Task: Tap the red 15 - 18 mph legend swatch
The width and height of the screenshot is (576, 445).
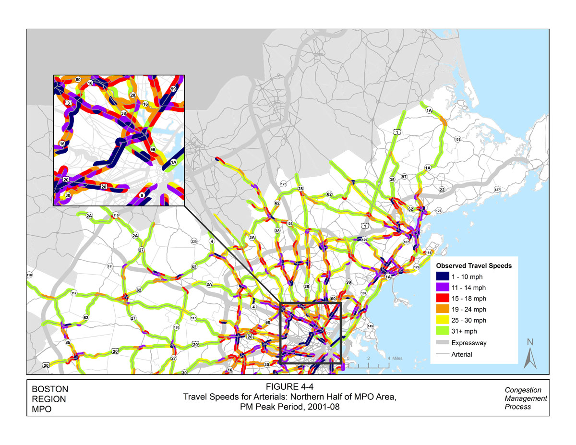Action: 443,298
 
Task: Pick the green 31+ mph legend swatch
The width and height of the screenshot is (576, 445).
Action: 443,331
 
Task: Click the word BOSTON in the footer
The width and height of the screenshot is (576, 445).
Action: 49,389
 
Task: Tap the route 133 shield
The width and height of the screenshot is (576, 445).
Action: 457,139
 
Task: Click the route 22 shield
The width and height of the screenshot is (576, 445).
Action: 442,190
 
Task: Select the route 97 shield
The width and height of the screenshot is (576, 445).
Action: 404,177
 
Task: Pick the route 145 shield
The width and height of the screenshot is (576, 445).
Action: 370,326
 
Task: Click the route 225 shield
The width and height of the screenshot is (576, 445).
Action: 194,241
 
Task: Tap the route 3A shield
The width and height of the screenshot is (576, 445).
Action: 252,237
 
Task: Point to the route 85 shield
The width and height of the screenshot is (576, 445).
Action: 68,343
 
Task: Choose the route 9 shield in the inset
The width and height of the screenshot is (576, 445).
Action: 142,195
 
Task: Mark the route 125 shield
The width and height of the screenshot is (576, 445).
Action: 284,184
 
